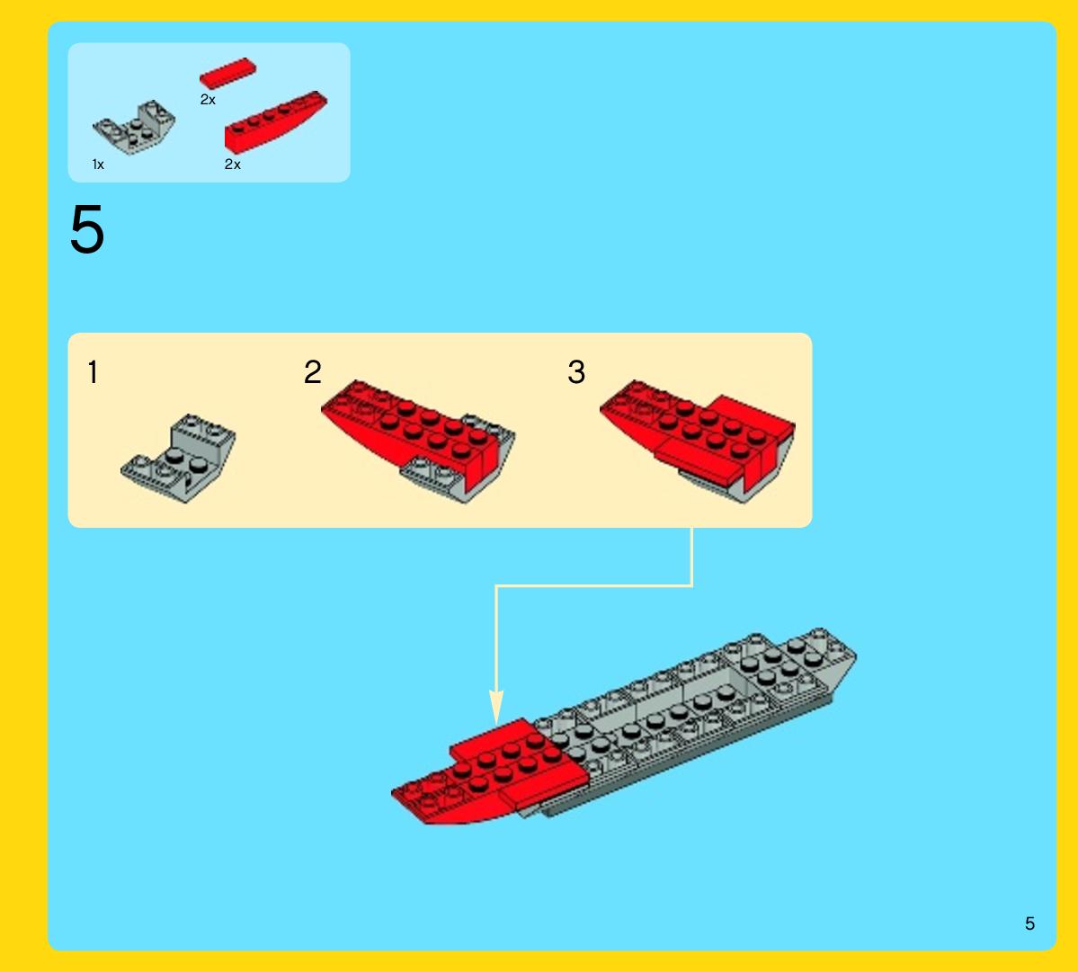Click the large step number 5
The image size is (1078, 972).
tap(87, 229)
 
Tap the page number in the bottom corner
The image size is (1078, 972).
tap(1029, 923)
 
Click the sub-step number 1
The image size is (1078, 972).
tap(93, 372)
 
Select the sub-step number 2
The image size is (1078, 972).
tap(313, 372)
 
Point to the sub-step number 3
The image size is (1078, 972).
tap(576, 372)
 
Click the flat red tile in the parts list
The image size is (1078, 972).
tap(227, 73)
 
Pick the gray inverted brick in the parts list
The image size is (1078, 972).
tap(134, 127)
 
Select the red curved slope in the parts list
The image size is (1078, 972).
tap(276, 121)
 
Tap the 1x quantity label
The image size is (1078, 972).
tap(98, 165)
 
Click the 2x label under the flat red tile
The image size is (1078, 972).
tap(208, 100)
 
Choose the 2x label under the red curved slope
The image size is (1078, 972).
tap(232, 165)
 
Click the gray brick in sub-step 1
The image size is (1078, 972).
tap(178, 458)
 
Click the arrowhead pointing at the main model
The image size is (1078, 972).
tap(496, 707)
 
